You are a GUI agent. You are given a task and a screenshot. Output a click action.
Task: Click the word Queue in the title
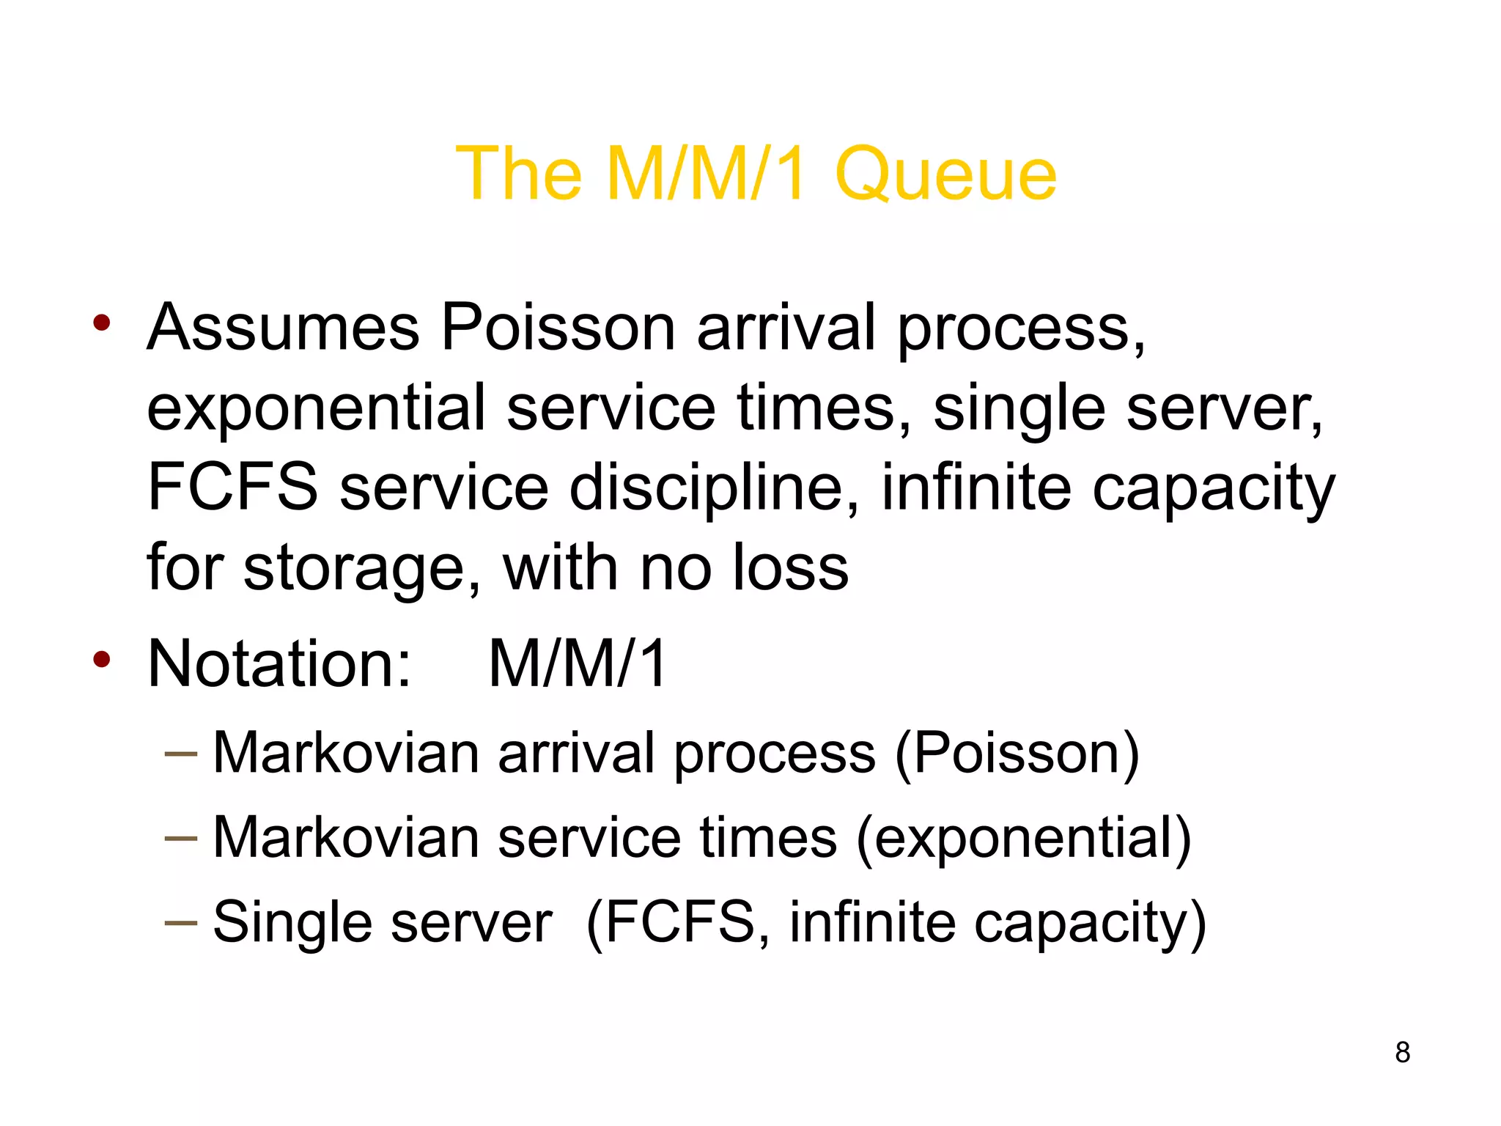[945, 174]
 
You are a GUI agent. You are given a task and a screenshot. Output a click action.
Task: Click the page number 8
[1402, 1052]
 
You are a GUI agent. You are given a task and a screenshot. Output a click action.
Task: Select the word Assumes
[283, 327]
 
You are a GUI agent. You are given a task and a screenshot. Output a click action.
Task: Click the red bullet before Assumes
[102, 323]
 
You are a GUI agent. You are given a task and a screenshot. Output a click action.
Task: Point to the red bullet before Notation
[102, 659]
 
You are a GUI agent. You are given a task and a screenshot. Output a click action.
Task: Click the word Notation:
[279, 663]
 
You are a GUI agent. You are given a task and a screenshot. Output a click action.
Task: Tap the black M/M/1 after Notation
[578, 663]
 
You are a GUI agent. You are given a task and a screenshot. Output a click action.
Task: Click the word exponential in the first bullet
[317, 408]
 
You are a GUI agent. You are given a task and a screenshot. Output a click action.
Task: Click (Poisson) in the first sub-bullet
[1017, 753]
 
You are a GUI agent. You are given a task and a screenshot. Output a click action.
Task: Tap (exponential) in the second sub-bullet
[1024, 838]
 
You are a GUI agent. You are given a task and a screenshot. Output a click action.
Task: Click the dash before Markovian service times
[181, 837]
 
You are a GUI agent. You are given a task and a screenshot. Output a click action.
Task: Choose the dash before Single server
[181, 921]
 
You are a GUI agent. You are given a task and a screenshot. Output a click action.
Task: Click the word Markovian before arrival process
[346, 753]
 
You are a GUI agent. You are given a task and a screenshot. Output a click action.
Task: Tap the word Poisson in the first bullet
[558, 327]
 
